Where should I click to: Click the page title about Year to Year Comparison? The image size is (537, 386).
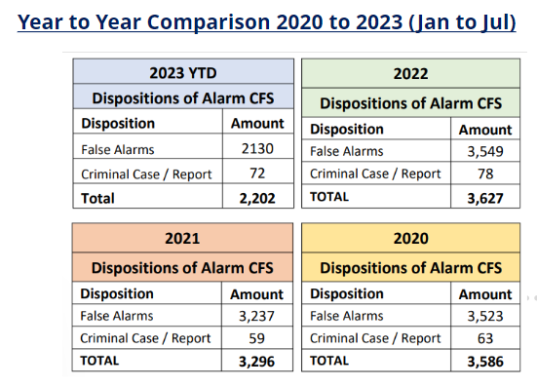[x=267, y=21]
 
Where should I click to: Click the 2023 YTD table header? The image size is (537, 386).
[x=184, y=72]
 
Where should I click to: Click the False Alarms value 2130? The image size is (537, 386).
[x=258, y=149]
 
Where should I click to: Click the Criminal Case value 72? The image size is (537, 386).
[x=258, y=174]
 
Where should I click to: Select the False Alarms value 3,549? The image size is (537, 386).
[x=484, y=151]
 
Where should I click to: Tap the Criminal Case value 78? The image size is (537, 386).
[x=484, y=174]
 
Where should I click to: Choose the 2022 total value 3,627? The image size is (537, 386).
[x=484, y=197]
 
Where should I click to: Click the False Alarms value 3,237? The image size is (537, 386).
[x=257, y=316]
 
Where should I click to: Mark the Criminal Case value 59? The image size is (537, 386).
[x=258, y=337]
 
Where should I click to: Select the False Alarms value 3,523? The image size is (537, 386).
[x=484, y=316]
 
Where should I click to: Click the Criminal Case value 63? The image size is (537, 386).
[x=484, y=337]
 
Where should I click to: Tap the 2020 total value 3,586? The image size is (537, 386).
[x=484, y=361]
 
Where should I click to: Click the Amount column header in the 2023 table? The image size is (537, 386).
[x=257, y=124]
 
